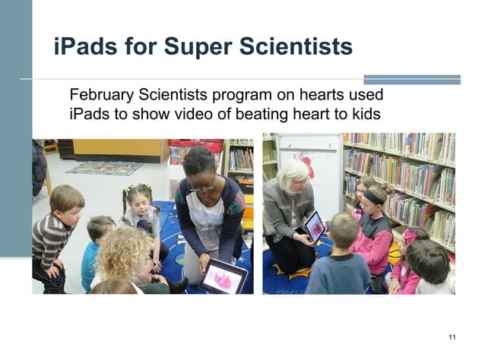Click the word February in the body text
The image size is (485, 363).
[x=101, y=96]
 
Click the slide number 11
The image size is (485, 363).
[x=452, y=336]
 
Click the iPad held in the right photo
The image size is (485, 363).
[x=314, y=226]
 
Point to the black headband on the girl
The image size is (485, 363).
[x=372, y=194]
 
